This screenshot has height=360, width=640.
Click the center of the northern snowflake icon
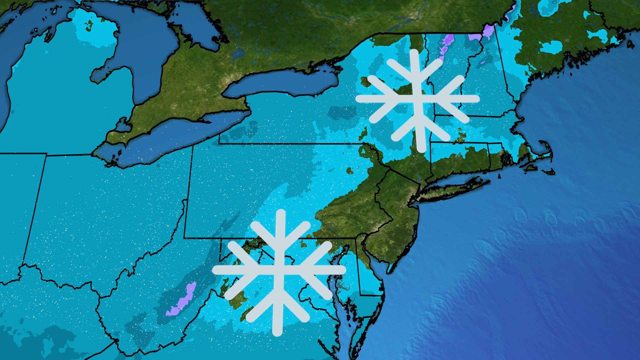click(417, 99)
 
